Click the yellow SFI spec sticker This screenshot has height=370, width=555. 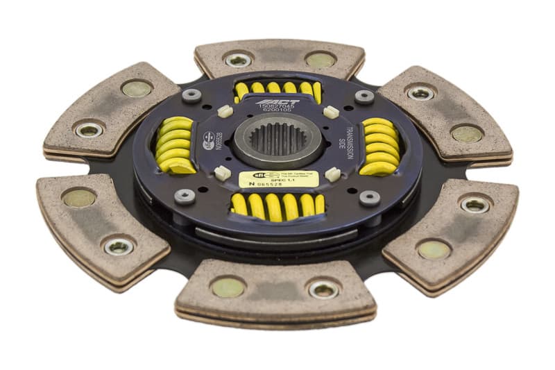(278, 179)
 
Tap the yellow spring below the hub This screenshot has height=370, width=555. (278, 205)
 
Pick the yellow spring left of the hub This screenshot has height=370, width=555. (175, 144)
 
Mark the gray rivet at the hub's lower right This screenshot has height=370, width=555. (369, 198)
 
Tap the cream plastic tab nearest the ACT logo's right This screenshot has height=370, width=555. (331, 112)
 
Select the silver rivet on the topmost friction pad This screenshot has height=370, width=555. (238, 60)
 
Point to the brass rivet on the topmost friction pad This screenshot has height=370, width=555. (320, 60)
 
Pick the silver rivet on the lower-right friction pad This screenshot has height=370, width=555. (475, 204)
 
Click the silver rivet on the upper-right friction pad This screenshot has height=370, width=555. (420, 92)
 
